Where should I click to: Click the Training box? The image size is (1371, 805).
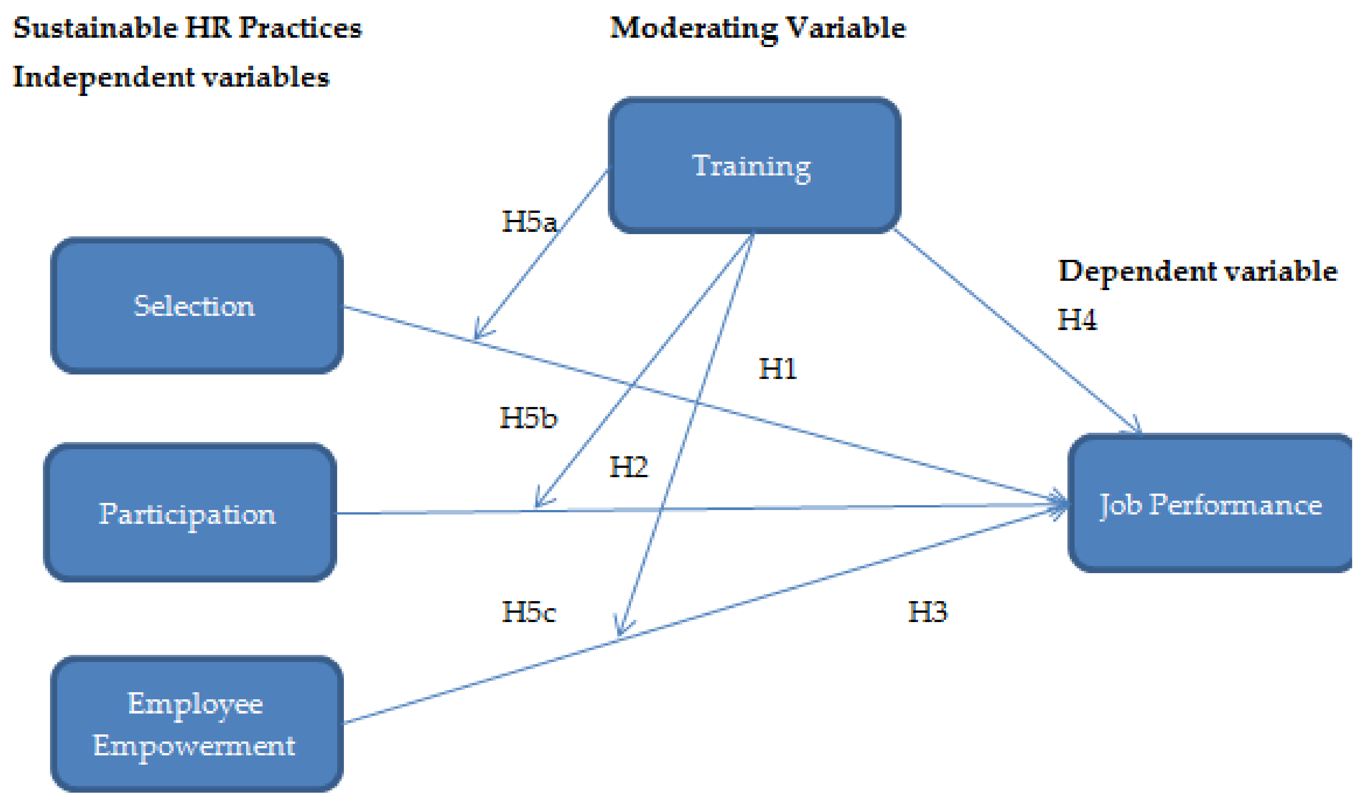[753, 166]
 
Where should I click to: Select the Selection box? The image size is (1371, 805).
[196, 306]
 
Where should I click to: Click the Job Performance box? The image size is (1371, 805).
[1210, 504]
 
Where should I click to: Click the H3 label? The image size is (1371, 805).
[927, 612]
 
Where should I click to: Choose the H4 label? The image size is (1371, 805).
[1077, 320]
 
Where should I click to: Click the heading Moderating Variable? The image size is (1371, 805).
[757, 28]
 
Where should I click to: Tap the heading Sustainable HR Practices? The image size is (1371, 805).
[187, 28]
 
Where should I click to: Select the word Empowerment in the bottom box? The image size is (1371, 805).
[194, 746]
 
